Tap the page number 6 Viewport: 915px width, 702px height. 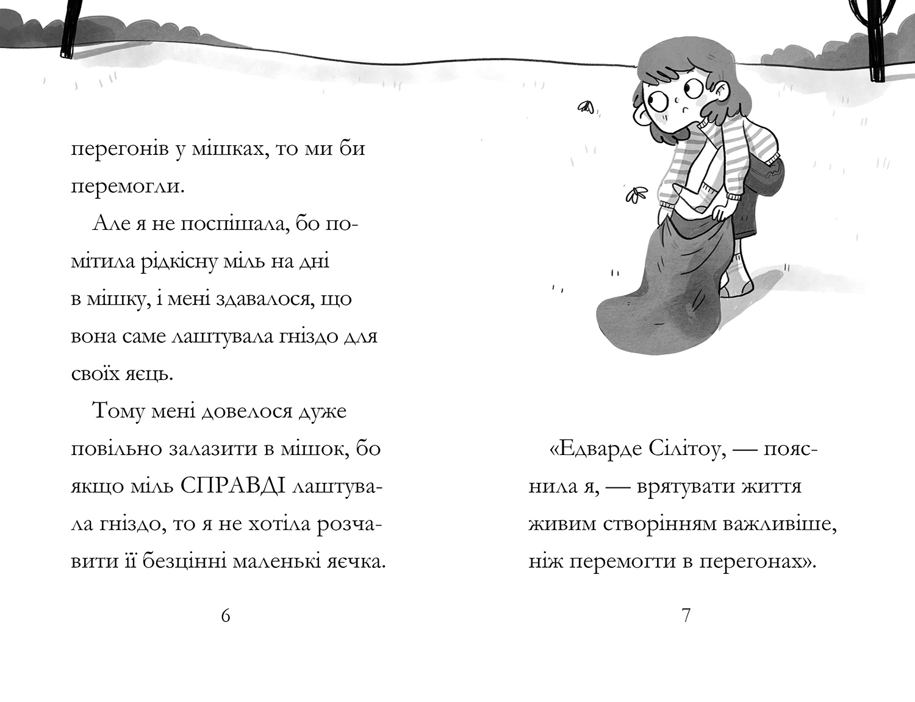click(x=226, y=616)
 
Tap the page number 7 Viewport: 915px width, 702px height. click(x=686, y=616)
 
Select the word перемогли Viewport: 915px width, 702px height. click(x=127, y=186)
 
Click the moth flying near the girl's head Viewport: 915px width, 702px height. click(x=586, y=108)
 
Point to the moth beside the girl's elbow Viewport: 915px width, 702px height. click(x=634, y=195)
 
